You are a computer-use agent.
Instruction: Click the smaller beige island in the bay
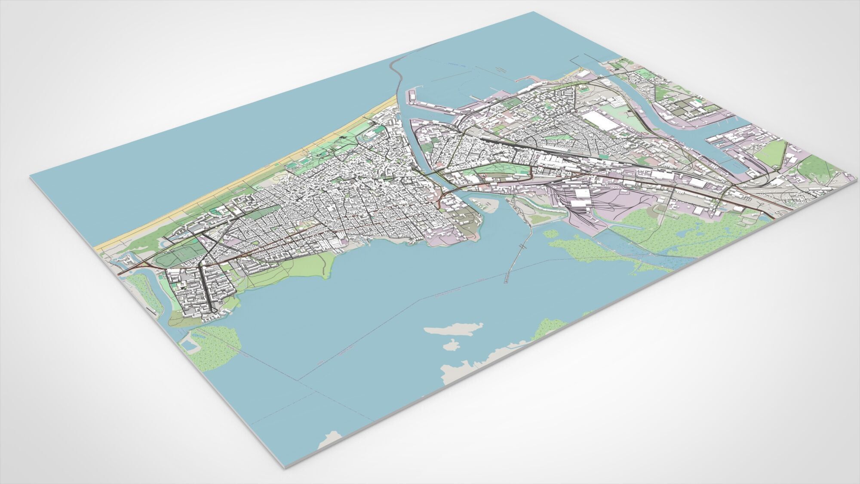click(450, 345)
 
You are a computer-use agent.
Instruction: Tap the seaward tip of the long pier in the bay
click(506, 282)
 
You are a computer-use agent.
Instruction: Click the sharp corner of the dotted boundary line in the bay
click(298, 380)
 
